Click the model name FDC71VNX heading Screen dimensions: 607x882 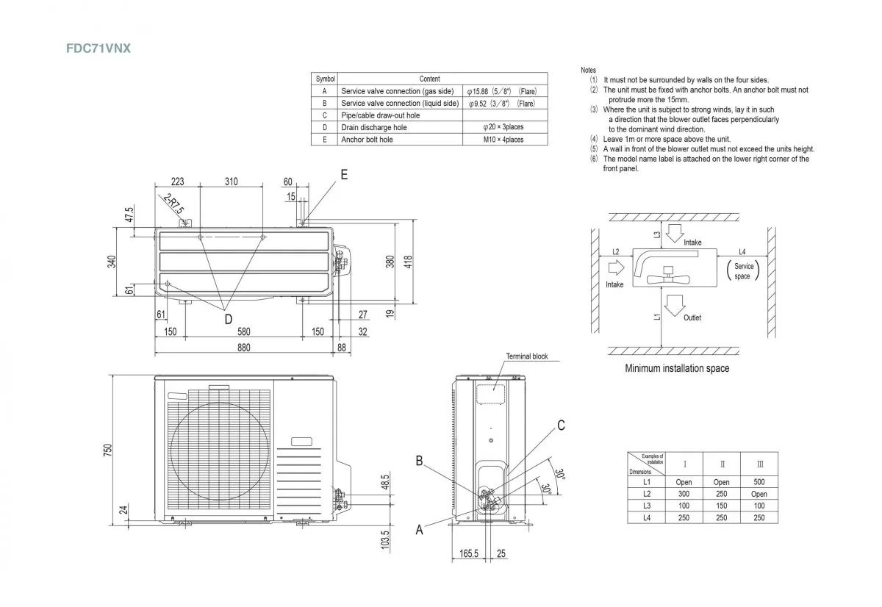coord(98,49)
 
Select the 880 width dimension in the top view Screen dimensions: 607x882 coord(243,348)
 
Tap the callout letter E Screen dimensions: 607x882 coord(344,175)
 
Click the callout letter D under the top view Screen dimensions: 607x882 coord(228,318)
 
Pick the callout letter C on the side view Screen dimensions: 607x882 coord(561,425)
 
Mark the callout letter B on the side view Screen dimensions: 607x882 coord(419,461)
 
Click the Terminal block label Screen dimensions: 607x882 coord(527,356)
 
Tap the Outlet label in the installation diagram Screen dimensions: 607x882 coord(692,317)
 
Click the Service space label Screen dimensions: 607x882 coord(743,271)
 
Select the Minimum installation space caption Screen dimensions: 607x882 coord(677,368)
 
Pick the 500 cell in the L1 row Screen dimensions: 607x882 coord(759,483)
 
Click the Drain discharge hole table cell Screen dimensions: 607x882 coord(373,127)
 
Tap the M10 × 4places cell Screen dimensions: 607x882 coord(503,139)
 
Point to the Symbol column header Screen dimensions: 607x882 coord(325,79)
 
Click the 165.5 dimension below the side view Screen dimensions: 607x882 coord(470,553)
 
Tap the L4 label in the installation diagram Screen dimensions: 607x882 coord(742,252)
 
